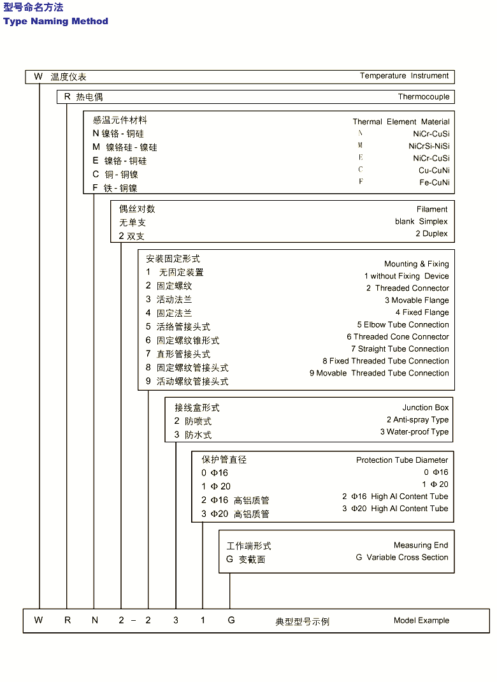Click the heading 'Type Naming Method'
tap(55, 22)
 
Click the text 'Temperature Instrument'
tap(404, 76)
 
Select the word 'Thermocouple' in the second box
tap(424, 97)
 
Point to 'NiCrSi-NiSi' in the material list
tap(429, 146)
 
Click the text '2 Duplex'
tap(431, 234)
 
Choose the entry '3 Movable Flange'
tap(417, 300)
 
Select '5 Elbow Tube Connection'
tap(403, 324)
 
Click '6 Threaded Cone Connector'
tap(398, 337)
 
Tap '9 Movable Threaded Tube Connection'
tap(379, 373)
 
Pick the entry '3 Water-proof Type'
tap(414, 432)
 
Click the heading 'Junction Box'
tap(425, 407)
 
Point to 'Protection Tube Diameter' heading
tap(402, 460)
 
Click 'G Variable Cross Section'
tap(402, 557)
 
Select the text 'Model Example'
tap(421, 620)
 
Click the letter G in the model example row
tap(231, 620)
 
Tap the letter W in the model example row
tap(39, 620)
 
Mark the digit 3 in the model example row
tap(176, 620)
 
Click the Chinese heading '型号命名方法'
tap(33, 8)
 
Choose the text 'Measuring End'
tap(421, 545)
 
